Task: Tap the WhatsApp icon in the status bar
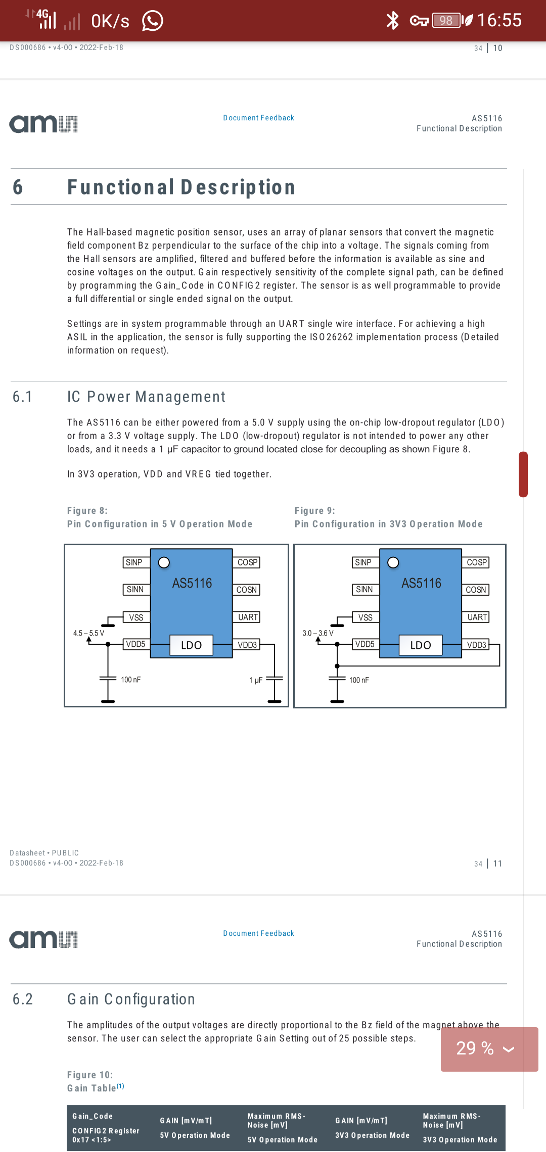(152, 21)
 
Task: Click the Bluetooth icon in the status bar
(392, 20)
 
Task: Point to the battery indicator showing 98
(446, 20)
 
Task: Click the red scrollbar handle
(523, 474)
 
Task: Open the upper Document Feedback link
(258, 118)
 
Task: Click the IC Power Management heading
(146, 397)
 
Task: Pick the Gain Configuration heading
(131, 999)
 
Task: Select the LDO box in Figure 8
(191, 645)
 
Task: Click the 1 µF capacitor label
(256, 680)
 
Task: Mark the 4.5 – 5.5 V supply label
(88, 633)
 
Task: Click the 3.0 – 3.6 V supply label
(318, 633)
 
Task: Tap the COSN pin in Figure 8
(246, 590)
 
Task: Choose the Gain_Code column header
(93, 1116)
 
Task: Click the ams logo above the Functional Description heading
(43, 124)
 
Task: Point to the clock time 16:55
(499, 20)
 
